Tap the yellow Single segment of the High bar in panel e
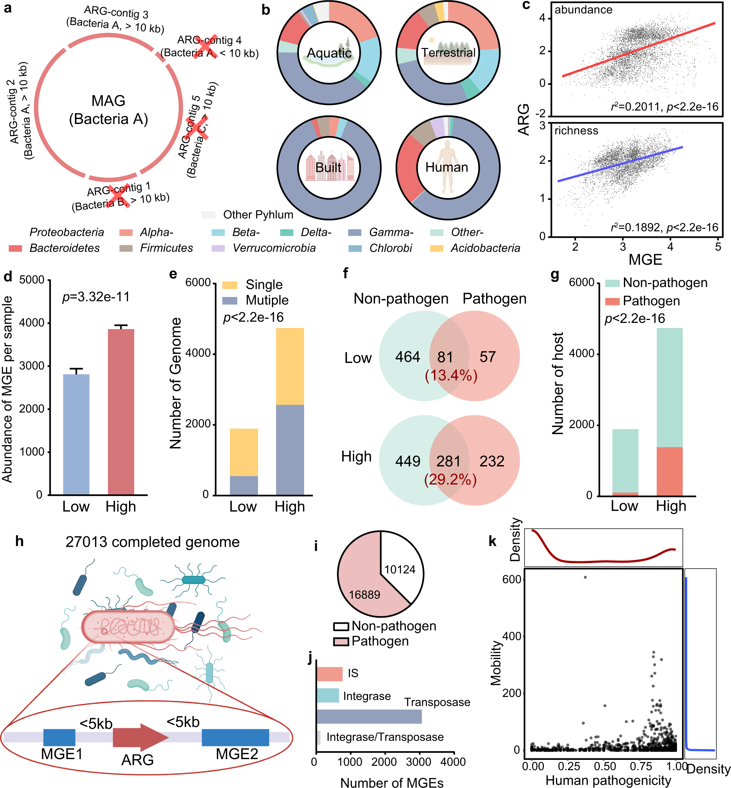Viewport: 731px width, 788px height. coord(289,366)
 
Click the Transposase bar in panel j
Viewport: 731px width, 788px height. coord(369,717)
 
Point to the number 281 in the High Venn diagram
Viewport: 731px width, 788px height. coord(448,461)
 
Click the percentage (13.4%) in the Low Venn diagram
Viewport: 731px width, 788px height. coord(451,375)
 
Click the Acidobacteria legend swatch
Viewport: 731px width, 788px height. coord(437,248)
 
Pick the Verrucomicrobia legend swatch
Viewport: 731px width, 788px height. coord(218,248)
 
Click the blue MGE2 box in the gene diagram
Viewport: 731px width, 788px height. coord(235,737)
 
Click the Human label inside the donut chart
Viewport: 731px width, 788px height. coord(447,167)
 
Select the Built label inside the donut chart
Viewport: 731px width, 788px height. coord(328,167)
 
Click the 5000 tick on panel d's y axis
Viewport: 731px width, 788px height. coord(33,280)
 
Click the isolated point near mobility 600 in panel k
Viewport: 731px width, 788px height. coord(586,577)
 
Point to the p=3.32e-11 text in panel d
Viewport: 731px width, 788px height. coord(96,297)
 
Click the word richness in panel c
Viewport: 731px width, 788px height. coord(576,131)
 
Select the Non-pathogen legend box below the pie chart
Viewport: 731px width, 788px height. coord(341,626)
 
